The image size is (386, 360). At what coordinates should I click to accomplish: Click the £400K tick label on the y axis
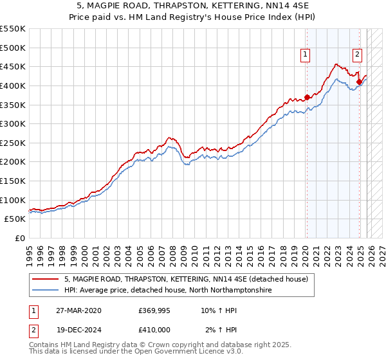coord(13,85)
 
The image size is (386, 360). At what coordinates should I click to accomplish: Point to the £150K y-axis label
coord(13,181)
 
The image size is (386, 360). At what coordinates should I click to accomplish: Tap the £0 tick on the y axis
coord(21,238)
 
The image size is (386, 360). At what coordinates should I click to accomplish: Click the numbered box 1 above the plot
coord(305,55)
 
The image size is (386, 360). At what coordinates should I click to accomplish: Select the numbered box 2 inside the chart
coord(358,55)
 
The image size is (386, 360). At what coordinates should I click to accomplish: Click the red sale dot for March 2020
coord(307,97)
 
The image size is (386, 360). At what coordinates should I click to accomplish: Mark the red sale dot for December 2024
coord(359,82)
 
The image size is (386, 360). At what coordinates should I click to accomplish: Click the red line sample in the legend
coord(46,280)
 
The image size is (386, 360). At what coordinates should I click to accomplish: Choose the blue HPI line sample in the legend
coord(46,290)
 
